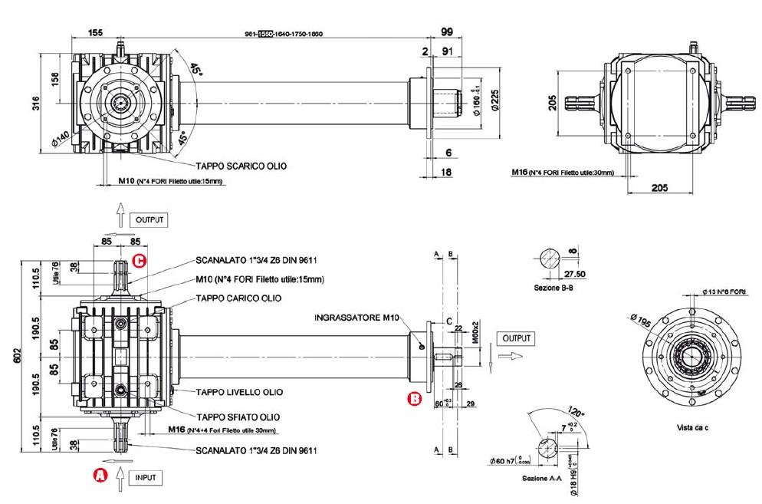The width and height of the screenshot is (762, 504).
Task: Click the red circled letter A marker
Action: (x=99, y=476)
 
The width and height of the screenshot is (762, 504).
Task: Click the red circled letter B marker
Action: (x=413, y=398)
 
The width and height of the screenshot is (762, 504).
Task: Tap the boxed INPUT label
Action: (x=145, y=477)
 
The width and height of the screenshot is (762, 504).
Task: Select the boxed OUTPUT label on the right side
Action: (x=514, y=338)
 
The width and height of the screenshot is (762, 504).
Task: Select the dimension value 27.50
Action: (x=575, y=273)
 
